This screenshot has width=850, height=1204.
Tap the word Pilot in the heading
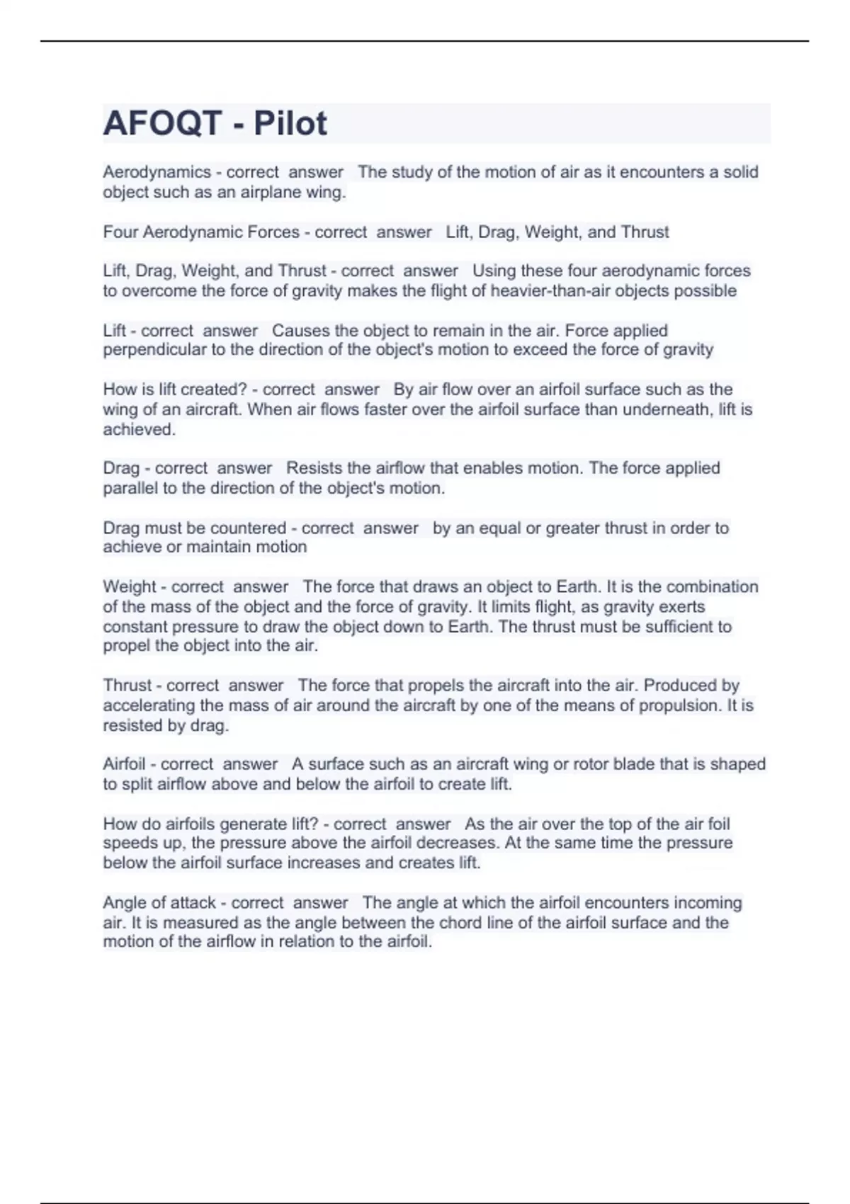click(x=290, y=123)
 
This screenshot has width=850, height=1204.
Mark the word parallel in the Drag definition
click(x=130, y=488)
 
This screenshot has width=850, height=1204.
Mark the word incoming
click(x=708, y=903)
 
